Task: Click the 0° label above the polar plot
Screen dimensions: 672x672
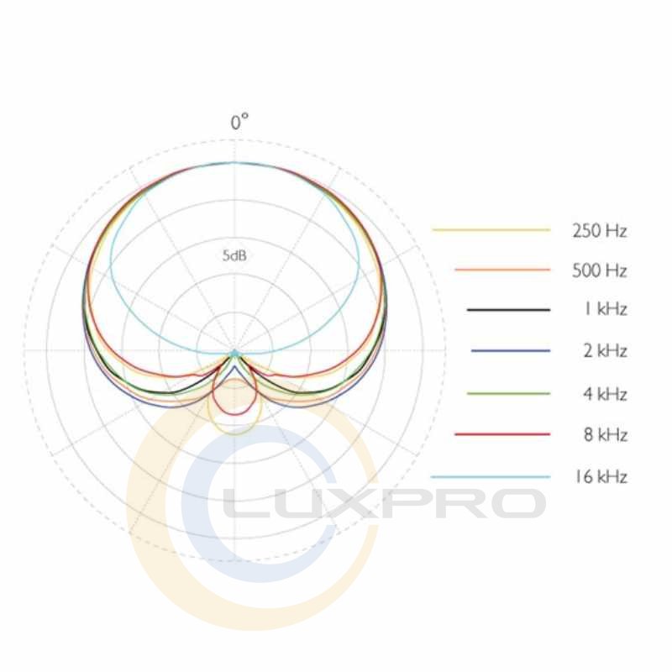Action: pyautogui.click(x=239, y=122)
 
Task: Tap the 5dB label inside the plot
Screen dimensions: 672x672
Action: pyautogui.click(x=234, y=256)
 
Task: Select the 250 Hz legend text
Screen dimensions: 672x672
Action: pyautogui.click(x=600, y=231)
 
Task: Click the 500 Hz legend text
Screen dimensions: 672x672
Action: pyautogui.click(x=600, y=270)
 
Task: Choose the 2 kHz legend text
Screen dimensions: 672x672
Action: pyautogui.click(x=605, y=351)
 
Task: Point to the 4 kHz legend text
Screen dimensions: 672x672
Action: pyautogui.click(x=605, y=394)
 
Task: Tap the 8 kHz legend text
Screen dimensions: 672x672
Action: pyautogui.click(x=605, y=434)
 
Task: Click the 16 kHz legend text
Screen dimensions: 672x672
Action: pyautogui.click(x=601, y=476)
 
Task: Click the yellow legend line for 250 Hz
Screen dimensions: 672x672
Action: pyautogui.click(x=491, y=230)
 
